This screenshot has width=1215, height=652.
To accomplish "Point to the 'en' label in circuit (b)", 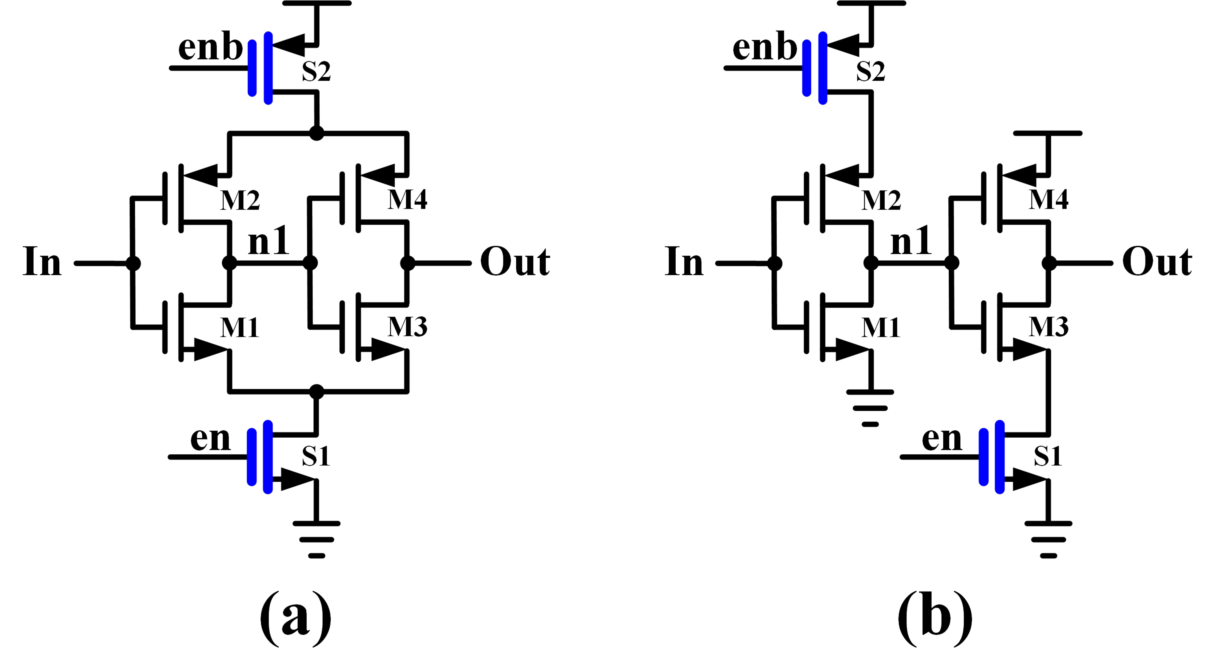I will pos(941,439).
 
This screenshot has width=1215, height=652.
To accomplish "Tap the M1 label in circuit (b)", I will pos(881,328).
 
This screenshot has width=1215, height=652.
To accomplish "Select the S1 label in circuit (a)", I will pos(315,456).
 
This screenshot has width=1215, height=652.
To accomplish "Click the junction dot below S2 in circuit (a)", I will pos(317,133).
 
